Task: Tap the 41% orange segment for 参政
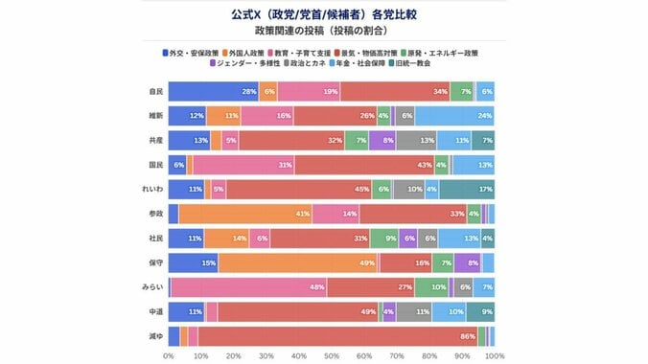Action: point(245,214)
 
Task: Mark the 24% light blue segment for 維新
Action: point(454,116)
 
